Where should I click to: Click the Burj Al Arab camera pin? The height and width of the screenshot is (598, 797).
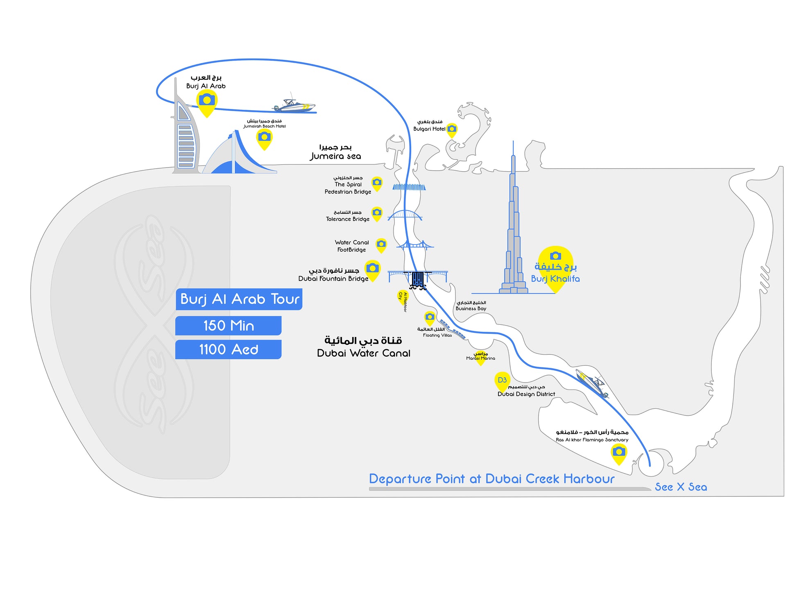click(207, 102)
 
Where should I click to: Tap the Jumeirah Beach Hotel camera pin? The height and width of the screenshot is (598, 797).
click(264, 138)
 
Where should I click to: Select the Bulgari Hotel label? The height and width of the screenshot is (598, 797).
click(429, 129)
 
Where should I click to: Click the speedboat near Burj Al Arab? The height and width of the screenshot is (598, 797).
click(294, 106)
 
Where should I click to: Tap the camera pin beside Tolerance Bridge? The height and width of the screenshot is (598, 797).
click(377, 213)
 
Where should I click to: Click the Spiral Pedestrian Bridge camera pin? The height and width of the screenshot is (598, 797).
click(377, 183)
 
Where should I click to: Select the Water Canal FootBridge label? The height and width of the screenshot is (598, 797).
click(352, 246)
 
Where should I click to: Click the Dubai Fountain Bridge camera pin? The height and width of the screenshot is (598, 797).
click(372, 269)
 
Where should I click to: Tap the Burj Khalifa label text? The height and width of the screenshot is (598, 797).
click(555, 279)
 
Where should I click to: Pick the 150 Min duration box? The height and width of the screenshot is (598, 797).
click(229, 326)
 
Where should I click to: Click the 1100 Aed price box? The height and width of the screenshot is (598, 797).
click(229, 349)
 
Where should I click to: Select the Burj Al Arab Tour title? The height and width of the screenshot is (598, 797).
click(240, 299)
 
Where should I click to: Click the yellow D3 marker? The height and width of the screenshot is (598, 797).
click(502, 381)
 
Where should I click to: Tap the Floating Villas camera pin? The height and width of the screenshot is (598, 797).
click(430, 317)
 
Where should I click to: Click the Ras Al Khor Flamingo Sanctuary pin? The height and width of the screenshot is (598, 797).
click(618, 453)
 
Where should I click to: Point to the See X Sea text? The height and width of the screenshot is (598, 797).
click(681, 487)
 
